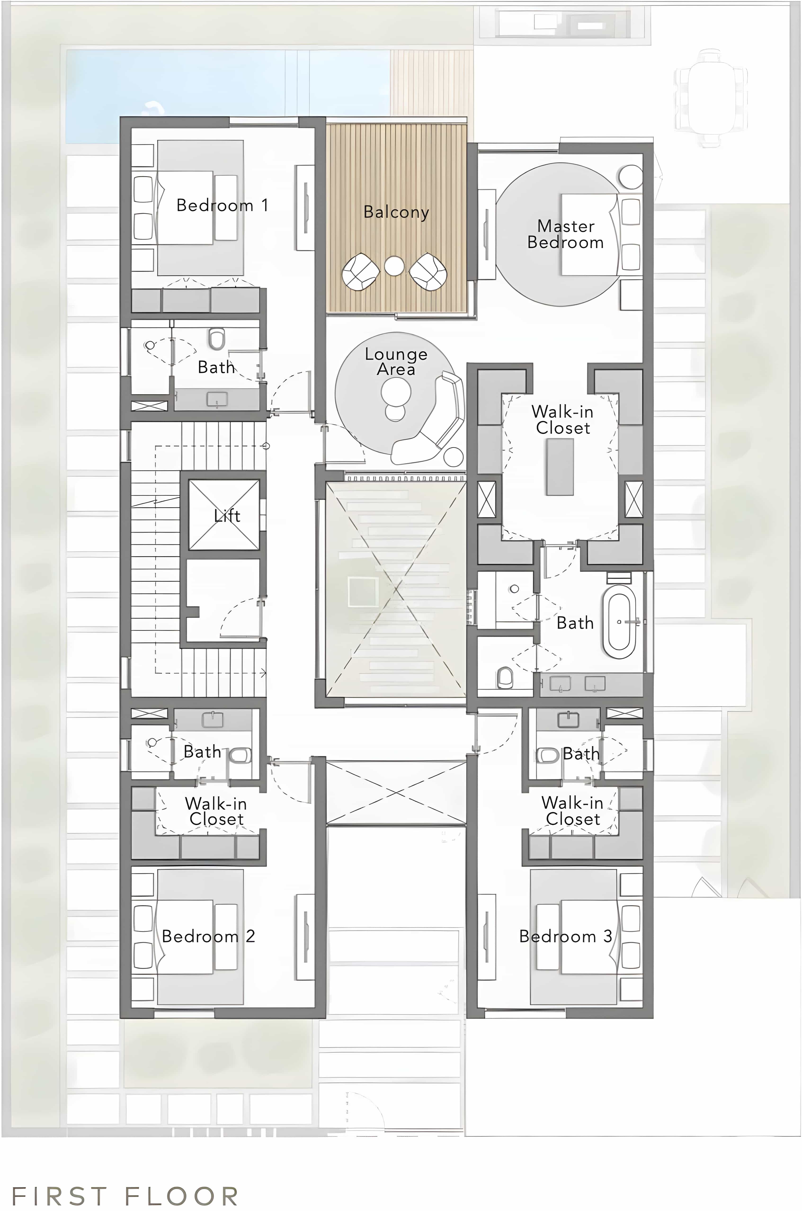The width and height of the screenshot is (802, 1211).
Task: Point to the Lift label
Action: [227, 515]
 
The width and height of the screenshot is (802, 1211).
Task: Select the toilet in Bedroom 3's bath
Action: [548, 755]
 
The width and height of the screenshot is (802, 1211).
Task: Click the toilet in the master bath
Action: [505, 678]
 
